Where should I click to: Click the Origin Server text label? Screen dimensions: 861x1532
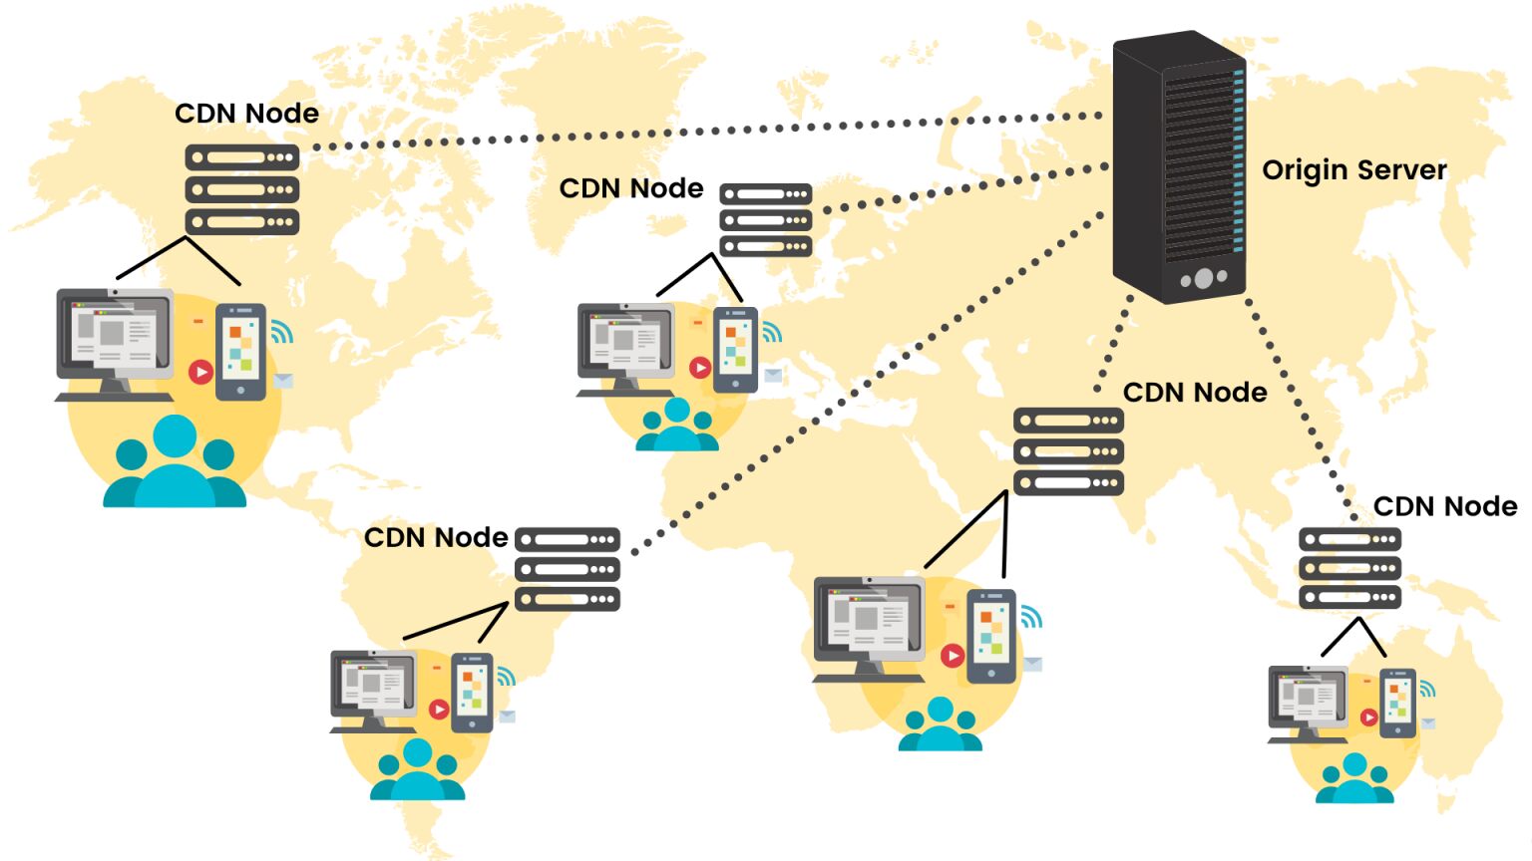tap(1353, 170)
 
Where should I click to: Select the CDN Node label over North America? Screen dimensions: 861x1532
tap(246, 114)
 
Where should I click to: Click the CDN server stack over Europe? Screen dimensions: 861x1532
tap(766, 220)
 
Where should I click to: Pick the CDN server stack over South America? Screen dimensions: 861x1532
tap(568, 569)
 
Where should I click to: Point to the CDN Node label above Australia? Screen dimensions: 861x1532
tap(1444, 506)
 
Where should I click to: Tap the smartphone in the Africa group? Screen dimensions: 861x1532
tap(990, 635)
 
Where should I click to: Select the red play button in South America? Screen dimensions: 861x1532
tap(439, 709)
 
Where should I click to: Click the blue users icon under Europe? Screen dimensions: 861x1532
tap(677, 426)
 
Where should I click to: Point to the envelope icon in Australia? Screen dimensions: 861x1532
tap(1428, 722)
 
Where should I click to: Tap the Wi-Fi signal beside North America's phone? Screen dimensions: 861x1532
tap(282, 332)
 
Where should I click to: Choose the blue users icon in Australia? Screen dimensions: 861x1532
tap(1353, 779)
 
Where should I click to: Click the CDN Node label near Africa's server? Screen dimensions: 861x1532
tap(1194, 393)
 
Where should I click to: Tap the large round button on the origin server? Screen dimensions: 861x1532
tap(1204, 278)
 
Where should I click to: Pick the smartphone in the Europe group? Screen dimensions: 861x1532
tap(736, 348)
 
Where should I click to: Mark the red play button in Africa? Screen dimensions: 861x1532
tap(953, 655)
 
